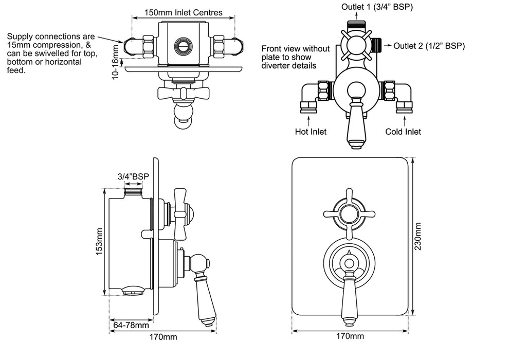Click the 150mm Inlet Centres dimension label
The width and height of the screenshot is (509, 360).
[x=184, y=13]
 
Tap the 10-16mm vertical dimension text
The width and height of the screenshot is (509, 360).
[x=116, y=62]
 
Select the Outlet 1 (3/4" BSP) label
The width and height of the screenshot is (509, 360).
[x=377, y=7]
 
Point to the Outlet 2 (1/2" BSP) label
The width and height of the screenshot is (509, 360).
[x=429, y=46]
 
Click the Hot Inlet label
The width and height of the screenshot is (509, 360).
[x=311, y=132]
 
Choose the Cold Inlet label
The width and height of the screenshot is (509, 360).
[x=403, y=132]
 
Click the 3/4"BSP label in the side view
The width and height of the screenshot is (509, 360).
[x=133, y=176]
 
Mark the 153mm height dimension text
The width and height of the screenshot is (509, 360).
[x=99, y=241]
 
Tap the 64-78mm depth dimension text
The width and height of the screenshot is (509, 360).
[x=131, y=325]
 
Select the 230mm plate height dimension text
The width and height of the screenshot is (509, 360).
[x=418, y=237]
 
